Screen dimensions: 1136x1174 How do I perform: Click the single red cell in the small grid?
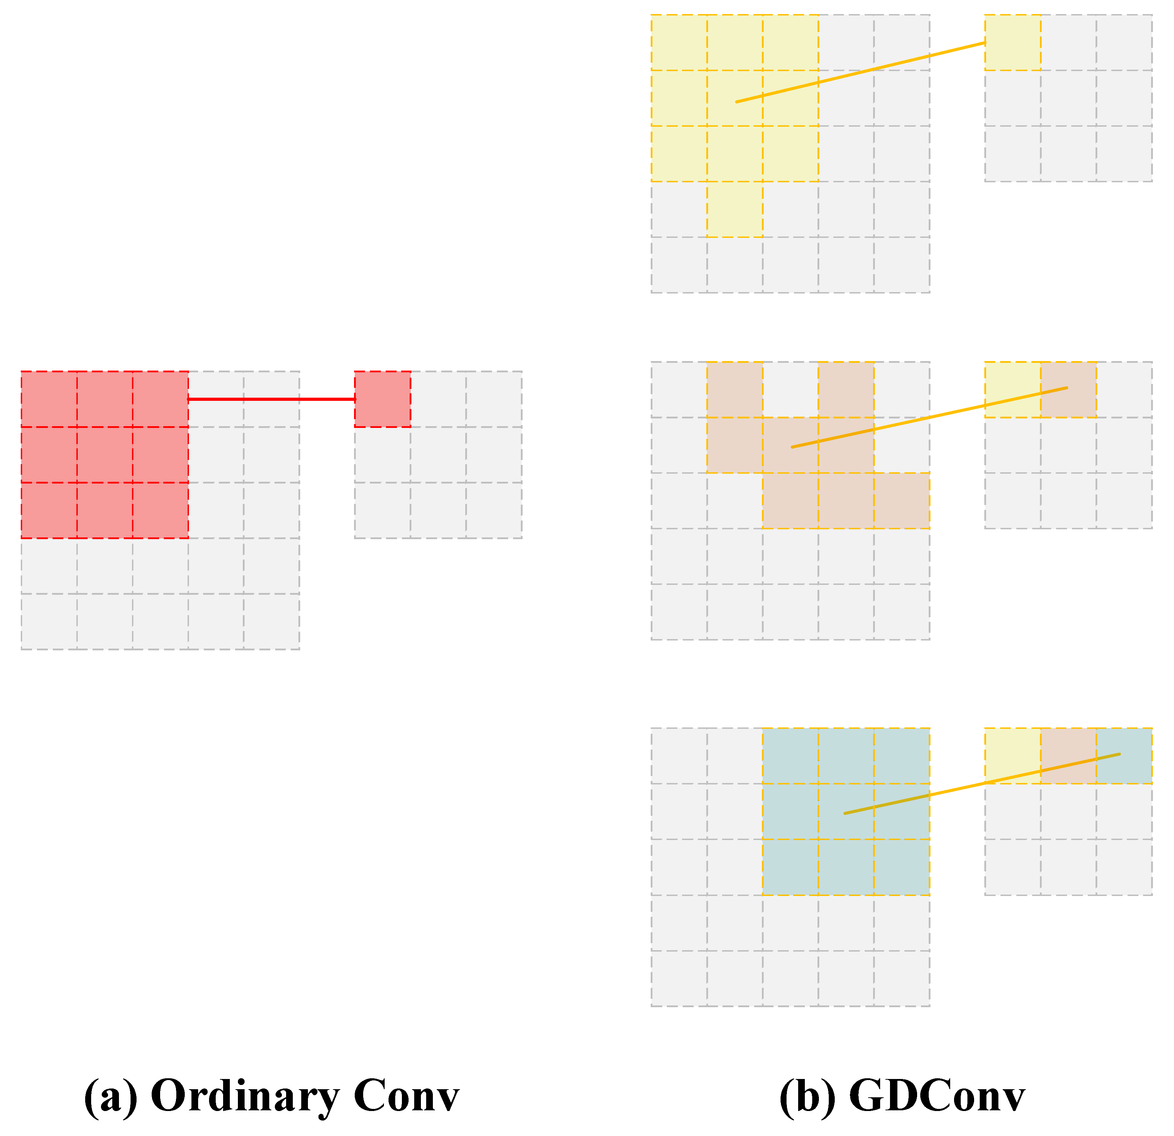pos(383,399)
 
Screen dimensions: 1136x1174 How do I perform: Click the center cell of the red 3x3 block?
pos(105,455)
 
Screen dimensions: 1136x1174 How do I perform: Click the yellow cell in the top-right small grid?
pos(1013,43)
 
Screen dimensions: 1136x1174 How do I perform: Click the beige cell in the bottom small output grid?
pos(1068,756)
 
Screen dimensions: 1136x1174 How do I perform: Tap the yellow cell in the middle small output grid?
pos(1013,389)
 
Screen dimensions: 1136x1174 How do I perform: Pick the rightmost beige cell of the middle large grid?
pos(902,501)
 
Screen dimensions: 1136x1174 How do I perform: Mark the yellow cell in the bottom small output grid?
pos(1013,756)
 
